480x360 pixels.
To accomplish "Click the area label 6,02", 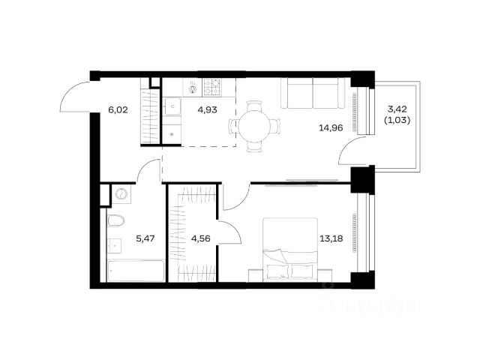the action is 118,109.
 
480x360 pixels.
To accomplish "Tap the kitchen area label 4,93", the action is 207,109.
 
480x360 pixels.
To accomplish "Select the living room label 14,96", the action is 331,128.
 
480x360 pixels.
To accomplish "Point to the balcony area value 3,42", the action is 397,109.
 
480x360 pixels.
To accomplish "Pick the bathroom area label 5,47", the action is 145,238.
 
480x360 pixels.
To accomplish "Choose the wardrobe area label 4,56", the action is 200,238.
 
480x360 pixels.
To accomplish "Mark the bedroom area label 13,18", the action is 331,238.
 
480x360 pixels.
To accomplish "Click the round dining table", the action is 254,126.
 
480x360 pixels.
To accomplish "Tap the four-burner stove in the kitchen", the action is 212,87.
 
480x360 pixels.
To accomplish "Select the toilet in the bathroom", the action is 116,220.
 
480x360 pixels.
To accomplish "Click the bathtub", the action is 136,271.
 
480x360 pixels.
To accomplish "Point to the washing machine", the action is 121,193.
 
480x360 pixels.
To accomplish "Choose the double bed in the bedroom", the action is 290,250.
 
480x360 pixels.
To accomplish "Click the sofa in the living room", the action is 313,93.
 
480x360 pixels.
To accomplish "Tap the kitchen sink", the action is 172,106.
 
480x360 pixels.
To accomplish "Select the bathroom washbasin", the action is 114,246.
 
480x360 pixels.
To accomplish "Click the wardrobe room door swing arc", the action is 235,228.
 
